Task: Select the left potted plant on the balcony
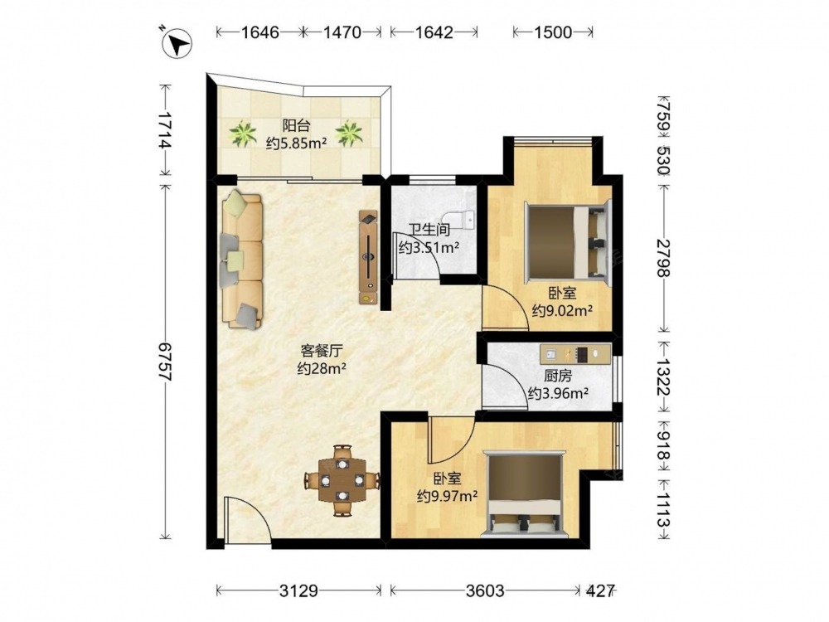click(244, 134)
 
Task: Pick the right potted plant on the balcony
click(349, 134)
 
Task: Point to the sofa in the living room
click(241, 260)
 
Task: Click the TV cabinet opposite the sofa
click(369, 258)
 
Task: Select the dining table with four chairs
click(342, 480)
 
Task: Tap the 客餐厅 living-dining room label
click(322, 350)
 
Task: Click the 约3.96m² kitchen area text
click(559, 393)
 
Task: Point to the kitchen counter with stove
click(575, 354)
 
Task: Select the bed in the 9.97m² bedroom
click(526, 493)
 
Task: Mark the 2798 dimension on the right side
click(663, 258)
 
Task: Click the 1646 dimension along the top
click(259, 32)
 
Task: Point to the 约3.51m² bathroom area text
click(429, 247)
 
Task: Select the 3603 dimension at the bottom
click(485, 590)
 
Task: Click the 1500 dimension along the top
click(553, 32)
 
